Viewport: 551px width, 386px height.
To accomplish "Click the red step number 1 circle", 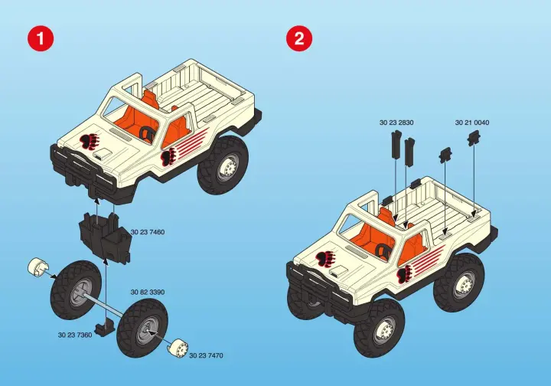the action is pyautogui.click(x=41, y=38).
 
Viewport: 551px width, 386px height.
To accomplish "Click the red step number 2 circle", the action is pyautogui.click(x=299, y=38).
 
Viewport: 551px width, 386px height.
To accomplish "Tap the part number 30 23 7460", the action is pyautogui.click(x=148, y=232).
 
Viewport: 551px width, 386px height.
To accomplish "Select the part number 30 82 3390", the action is pyautogui.click(x=148, y=292).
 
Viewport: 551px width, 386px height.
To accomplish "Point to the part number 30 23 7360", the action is pyautogui.click(x=75, y=335).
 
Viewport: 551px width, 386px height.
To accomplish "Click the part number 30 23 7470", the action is pyautogui.click(x=207, y=356).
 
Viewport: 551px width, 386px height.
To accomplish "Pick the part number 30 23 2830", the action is pyautogui.click(x=396, y=123).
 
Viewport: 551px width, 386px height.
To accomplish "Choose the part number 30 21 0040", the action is pyautogui.click(x=472, y=123).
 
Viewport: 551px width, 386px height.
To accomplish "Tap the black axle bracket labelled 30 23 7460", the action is pyautogui.click(x=105, y=237).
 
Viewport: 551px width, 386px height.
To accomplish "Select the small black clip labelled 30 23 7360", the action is pyautogui.click(x=106, y=326).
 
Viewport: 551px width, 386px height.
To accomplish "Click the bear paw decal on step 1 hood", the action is pyautogui.click(x=90, y=142).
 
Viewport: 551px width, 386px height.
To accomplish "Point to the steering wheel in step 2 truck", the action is pyautogui.click(x=383, y=250).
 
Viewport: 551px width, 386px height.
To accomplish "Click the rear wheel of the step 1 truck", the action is pyautogui.click(x=223, y=165).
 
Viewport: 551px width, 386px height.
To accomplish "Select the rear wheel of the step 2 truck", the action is pyautogui.click(x=459, y=282).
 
